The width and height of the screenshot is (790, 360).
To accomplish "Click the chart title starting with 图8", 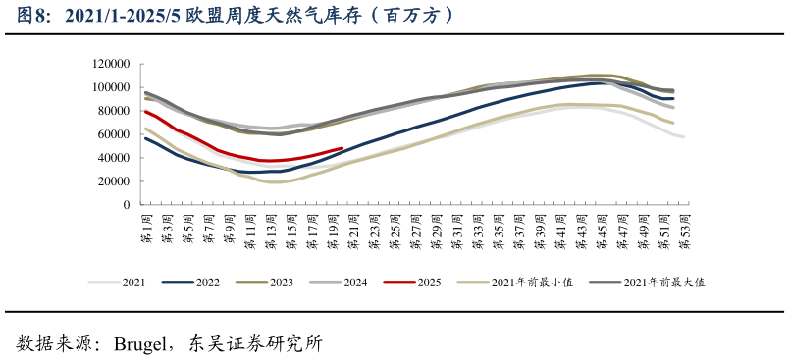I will coord(236,16).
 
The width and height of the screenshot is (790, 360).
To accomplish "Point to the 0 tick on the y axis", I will coord(128,205).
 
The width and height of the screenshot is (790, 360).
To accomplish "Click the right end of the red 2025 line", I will coord(342,149).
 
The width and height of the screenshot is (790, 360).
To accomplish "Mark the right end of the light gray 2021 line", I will coord(683,136).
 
